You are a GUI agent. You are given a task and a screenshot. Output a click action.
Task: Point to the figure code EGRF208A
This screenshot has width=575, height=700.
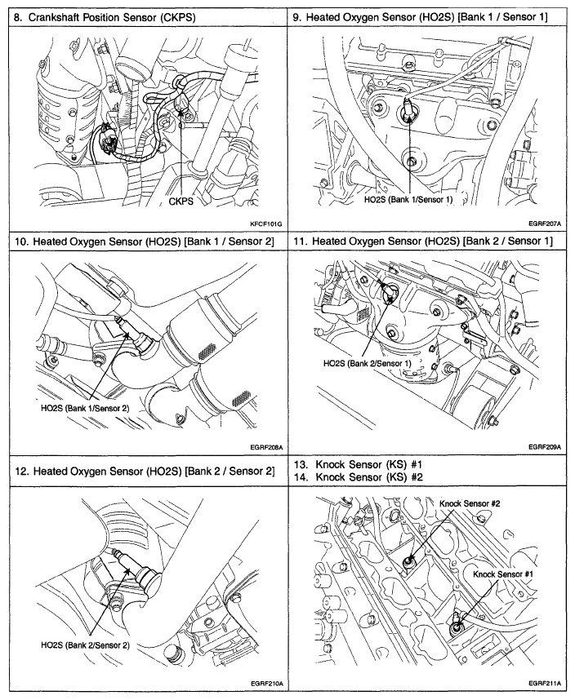pyautogui.click(x=265, y=447)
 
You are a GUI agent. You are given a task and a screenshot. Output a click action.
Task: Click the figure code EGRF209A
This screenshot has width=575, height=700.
pyautogui.click(x=545, y=447)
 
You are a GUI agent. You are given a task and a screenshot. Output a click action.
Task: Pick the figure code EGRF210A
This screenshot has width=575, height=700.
pyautogui.click(x=265, y=683)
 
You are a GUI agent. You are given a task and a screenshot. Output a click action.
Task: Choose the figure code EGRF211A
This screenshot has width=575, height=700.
pyautogui.click(x=545, y=683)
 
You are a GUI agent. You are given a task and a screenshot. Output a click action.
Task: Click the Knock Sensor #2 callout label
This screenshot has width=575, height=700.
pyautogui.click(x=470, y=503)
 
